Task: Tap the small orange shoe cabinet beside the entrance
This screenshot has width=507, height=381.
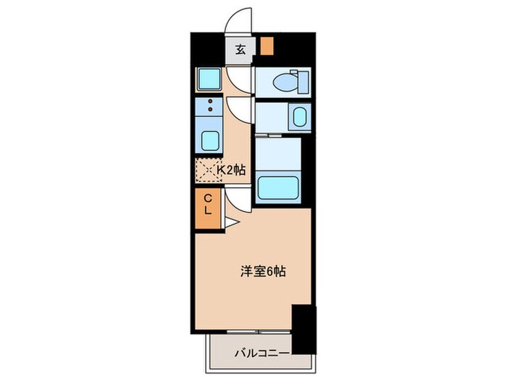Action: [267, 47]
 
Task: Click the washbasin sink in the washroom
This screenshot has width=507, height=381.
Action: [298, 117]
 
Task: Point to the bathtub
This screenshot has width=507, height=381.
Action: [279, 187]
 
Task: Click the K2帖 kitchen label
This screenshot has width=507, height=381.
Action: [231, 170]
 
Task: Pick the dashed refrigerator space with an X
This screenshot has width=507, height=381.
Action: [207, 171]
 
